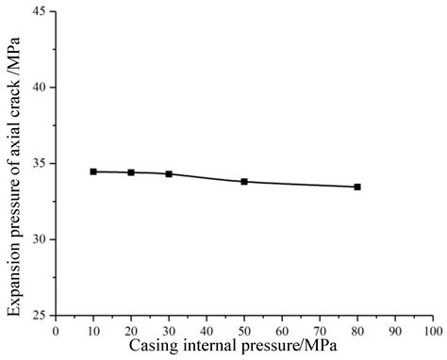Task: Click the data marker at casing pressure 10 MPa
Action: (x=93, y=172)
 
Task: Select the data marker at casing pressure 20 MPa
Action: (x=131, y=172)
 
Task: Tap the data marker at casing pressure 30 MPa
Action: (x=169, y=174)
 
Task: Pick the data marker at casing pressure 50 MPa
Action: (x=244, y=181)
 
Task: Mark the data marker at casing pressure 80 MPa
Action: (x=357, y=187)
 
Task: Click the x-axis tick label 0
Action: (x=56, y=332)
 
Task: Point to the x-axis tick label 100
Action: (x=433, y=332)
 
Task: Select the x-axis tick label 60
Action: (x=282, y=332)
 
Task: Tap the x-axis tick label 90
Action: (x=395, y=332)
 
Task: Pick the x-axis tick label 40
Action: (x=207, y=332)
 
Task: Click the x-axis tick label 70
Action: (x=320, y=332)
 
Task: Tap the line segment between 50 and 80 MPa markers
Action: (x=302, y=185)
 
